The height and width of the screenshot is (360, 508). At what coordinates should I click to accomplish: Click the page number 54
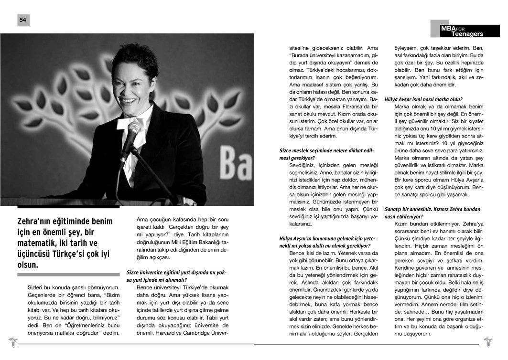coord(23,20)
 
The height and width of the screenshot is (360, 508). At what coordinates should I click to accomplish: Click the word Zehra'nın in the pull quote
coord(39,222)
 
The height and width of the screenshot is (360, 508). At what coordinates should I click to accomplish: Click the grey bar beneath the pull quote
coord(68,275)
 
